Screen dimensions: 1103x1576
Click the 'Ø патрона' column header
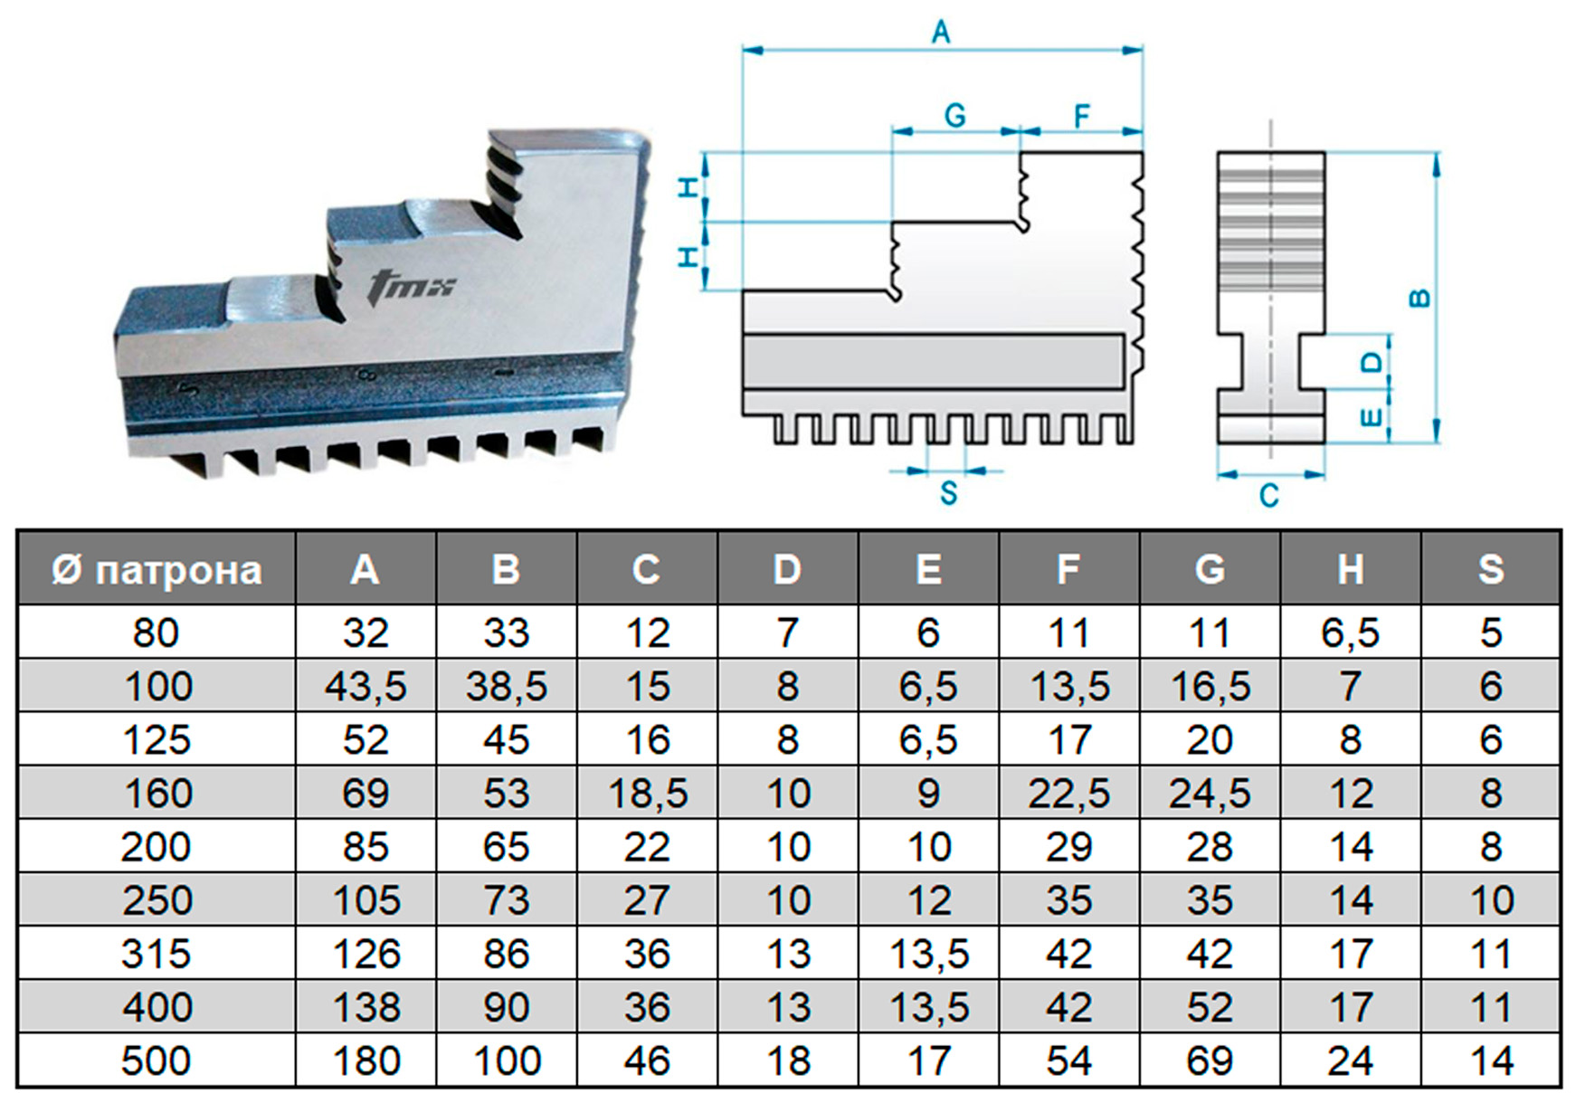(x=157, y=570)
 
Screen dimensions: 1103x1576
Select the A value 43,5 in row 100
(x=366, y=687)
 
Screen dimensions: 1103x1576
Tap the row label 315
(x=157, y=954)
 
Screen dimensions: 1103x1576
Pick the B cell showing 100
(x=507, y=1060)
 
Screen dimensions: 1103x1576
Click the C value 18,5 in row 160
(x=648, y=794)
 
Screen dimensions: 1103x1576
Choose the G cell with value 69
(x=1210, y=1060)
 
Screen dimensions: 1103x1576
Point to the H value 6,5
(x=1350, y=633)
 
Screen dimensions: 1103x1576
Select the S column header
(x=1491, y=570)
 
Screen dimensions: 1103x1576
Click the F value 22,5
(x=1068, y=794)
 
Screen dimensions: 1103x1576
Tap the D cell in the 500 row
(x=788, y=1060)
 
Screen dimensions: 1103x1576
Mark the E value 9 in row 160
(x=928, y=794)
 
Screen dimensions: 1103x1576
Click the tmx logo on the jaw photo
(x=412, y=287)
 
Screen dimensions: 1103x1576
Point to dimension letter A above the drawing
(x=941, y=33)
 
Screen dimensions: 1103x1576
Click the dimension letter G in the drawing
(x=954, y=116)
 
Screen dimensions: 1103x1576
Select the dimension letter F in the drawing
(x=1081, y=116)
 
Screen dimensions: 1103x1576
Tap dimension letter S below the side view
(x=948, y=493)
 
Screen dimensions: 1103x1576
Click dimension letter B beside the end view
(x=1420, y=298)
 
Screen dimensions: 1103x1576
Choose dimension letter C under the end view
(x=1269, y=495)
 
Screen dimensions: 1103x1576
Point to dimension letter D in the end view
(x=1372, y=362)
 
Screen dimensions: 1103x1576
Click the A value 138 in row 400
(x=366, y=1007)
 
